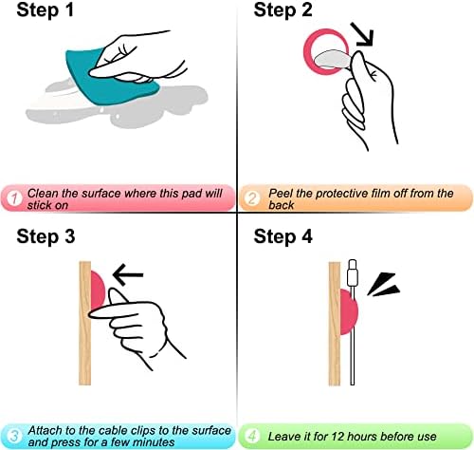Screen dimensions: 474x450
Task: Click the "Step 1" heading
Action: tap(46, 9)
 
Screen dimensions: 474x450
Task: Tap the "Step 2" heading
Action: tap(283, 9)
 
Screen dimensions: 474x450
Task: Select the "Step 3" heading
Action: tap(46, 236)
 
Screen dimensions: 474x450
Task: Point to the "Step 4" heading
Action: tap(283, 236)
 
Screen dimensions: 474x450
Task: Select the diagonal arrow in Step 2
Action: tap(363, 34)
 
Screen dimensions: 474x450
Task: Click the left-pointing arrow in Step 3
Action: tap(128, 274)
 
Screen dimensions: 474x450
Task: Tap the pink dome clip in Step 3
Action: tap(98, 290)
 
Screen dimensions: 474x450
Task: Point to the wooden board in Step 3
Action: tap(84, 323)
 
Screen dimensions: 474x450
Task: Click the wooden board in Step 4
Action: tap(335, 324)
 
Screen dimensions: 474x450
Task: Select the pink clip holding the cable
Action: tap(348, 311)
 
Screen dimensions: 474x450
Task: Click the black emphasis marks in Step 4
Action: tap(384, 284)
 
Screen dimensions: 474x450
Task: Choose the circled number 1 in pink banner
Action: tap(14, 198)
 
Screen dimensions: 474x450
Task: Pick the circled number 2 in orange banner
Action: tap(252, 198)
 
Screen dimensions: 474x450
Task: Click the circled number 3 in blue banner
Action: tap(14, 436)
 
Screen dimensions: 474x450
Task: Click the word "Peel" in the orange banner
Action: tap(281, 193)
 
